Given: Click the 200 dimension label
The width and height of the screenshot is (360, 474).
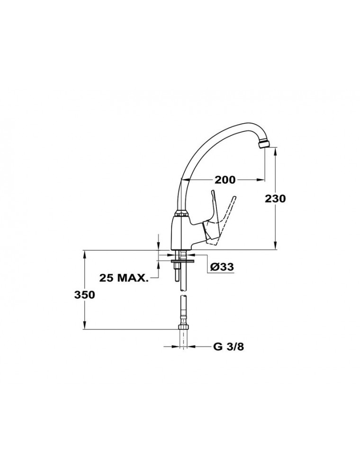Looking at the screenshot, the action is (225, 180).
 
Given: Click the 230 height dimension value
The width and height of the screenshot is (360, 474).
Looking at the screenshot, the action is (275, 199).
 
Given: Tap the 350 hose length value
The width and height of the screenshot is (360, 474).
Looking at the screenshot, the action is (85, 295).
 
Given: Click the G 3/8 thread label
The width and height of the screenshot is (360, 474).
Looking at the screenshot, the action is (228, 347).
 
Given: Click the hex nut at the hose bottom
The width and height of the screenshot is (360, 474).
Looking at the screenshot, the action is (183, 327).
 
